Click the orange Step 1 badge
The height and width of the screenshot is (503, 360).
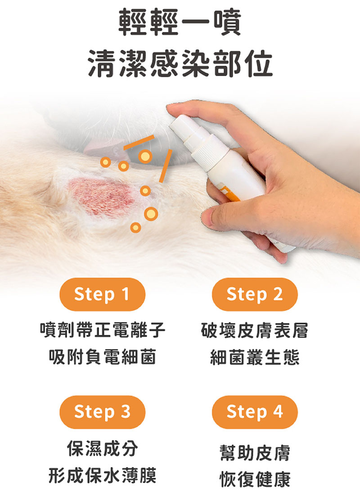click(x=102, y=294)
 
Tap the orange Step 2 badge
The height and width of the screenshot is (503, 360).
click(x=255, y=294)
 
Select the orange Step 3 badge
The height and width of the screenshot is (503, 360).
click(x=102, y=412)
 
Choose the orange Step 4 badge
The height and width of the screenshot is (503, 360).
click(x=255, y=412)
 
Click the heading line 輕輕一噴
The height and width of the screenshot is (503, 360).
click(x=180, y=23)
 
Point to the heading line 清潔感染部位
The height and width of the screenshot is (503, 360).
click(x=180, y=64)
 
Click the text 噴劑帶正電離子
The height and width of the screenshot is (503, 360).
click(x=103, y=330)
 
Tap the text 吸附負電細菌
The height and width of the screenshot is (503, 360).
click(x=103, y=356)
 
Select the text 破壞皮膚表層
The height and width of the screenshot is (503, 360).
click(x=255, y=330)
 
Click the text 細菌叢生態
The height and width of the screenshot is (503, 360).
click(x=255, y=357)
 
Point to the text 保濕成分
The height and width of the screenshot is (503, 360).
click(x=103, y=448)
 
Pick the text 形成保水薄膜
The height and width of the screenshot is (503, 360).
click(x=103, y=475)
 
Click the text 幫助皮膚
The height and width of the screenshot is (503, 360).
click(x=255, y=453)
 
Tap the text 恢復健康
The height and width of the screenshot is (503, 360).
click(x=255, y=479)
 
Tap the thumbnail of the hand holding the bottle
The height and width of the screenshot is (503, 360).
click(x=208, y=218)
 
